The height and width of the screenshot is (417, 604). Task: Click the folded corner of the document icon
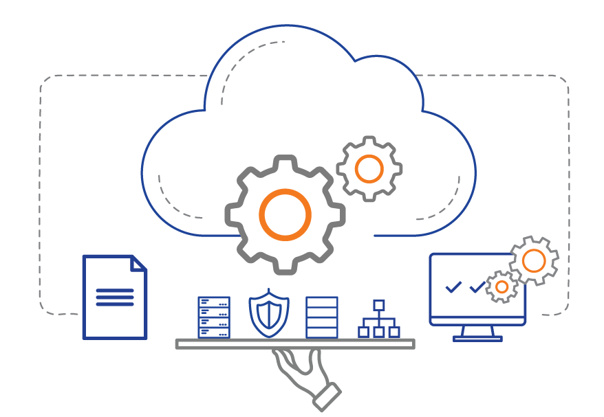(139, 263)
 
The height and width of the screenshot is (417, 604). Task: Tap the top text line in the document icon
(114, 291)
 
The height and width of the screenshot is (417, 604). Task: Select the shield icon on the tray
(269, 314)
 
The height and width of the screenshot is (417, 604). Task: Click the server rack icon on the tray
(214, 317)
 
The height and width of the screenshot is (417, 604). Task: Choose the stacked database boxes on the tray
(321, 317)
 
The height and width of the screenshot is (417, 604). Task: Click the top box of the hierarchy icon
(379, 305)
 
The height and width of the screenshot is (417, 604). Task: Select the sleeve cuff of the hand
(327, 397)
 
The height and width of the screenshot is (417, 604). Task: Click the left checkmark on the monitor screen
(453, 287)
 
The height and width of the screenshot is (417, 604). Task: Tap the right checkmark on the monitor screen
(477, 287)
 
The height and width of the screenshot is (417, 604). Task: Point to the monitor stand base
(477, 338)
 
